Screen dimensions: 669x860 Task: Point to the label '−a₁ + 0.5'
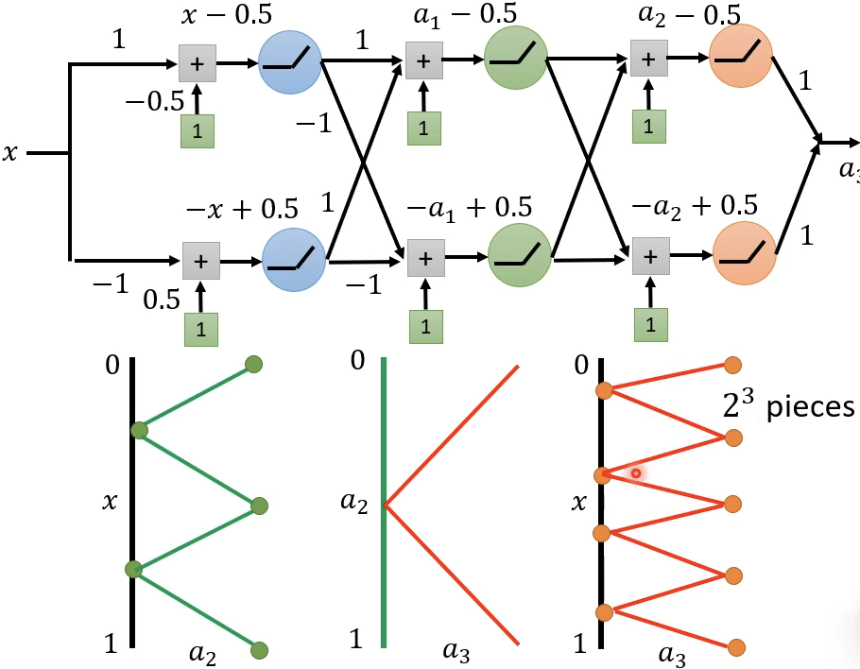pyautogui.click(x=469, y=206)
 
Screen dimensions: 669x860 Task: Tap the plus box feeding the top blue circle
pyautogui.click(x=197, y=63)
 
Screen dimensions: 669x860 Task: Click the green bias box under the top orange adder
pyautogui.click(x=648, y=124)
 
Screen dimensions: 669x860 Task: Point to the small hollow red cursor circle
pyautogui.click(x=637, y=473)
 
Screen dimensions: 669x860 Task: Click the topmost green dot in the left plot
pyautogui.click(x=252, y=365)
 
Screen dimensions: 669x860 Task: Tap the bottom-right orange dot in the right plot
pyautogui.click(x=736, y=648)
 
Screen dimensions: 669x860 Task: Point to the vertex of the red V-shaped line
pyautogui.click(x=385, y=506)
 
